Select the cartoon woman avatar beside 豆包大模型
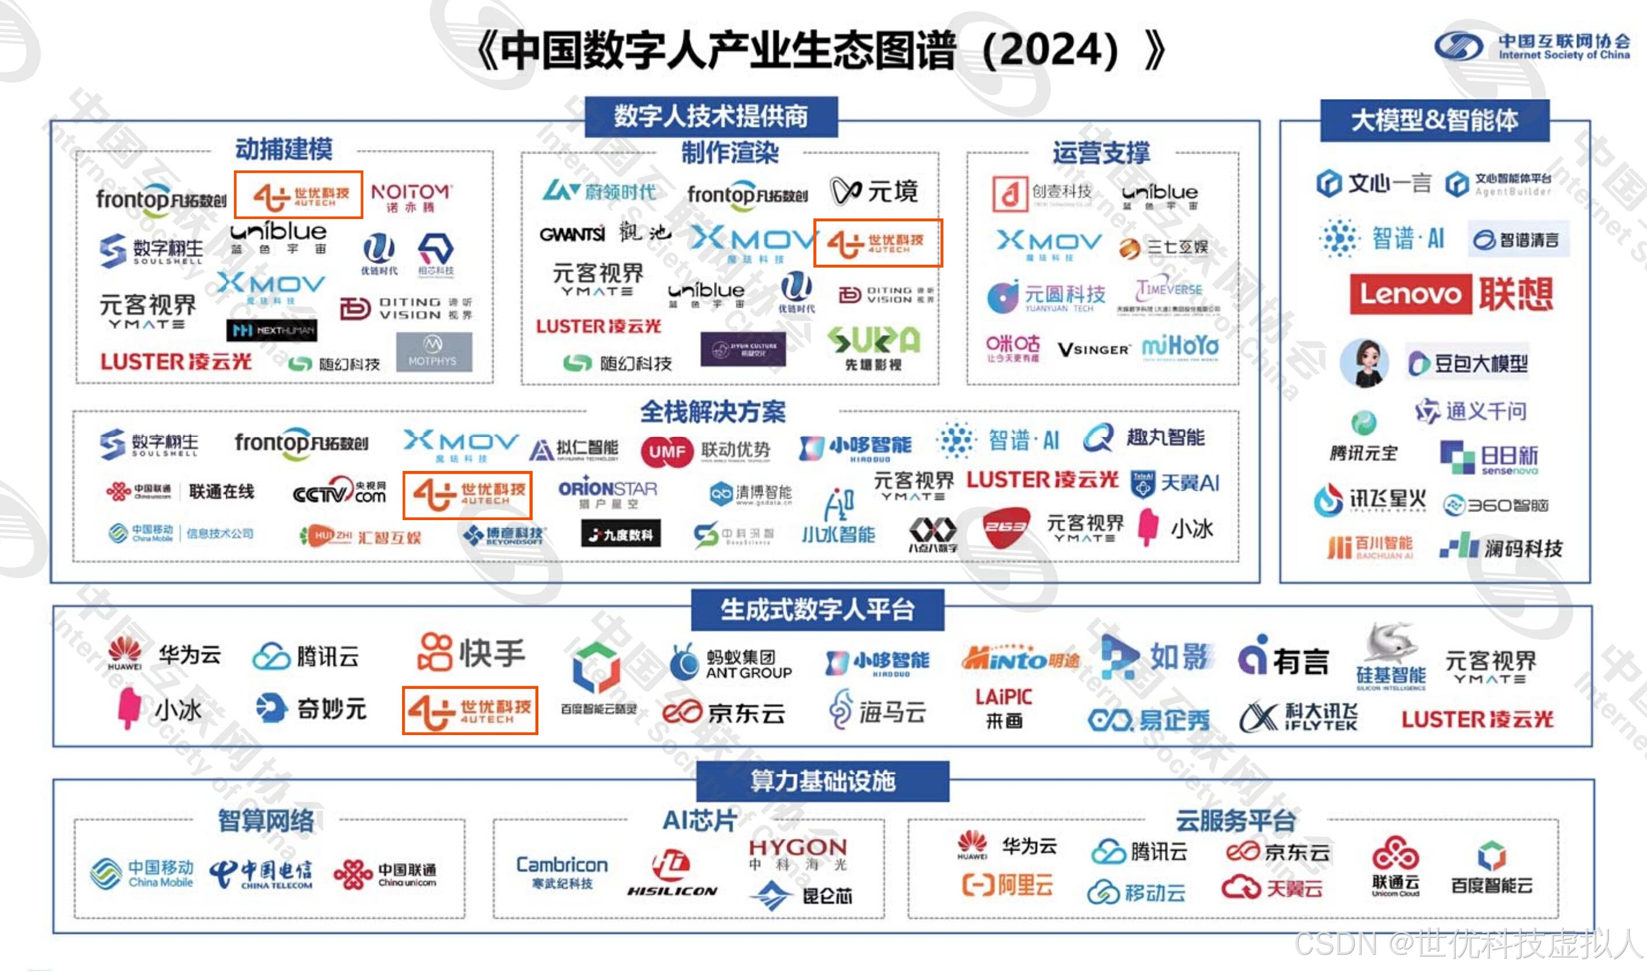pos(1364,362)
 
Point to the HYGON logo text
pos(797,848)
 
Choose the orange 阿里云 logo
pos(1007,885)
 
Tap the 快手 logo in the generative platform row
pos(471,652)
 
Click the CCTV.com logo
pos(339,491)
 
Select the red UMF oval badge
pos(667,451)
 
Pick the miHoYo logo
pos(1180,347)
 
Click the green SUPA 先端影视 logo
pos(873,348)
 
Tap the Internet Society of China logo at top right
pos(1532,46)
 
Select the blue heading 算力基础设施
pos(822,781)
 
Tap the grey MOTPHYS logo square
pos(433,352)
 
